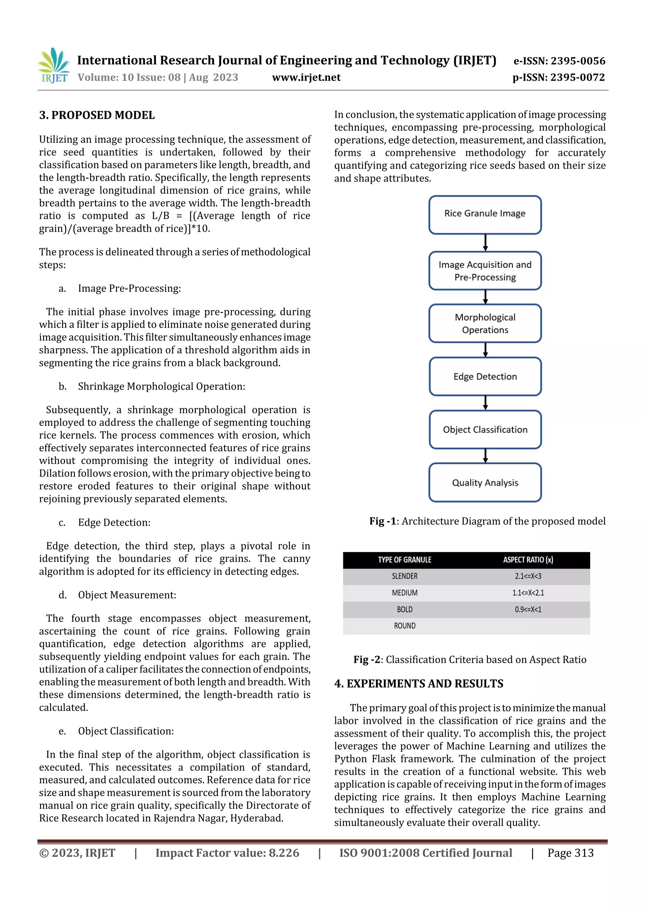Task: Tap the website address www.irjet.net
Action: click(306, 77)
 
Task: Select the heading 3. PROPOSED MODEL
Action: click(97, 115)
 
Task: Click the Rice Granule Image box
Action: click(485, 214)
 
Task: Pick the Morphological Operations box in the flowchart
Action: click(485, 323)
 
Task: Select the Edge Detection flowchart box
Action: click(485, 377)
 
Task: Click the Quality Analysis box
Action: click(485, 483)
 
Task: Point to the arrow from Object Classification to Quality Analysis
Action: click(485, 456)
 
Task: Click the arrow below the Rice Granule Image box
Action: click(485, 243)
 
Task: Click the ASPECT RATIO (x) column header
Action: click(528, 560)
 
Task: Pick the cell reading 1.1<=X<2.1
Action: click(528, 593)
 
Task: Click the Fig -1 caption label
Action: click(383, 521)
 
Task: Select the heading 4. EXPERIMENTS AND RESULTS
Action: click(419, 684)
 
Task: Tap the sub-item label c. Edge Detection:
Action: click(114, 523)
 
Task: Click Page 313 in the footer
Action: click(570, 853)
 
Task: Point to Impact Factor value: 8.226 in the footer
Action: click(227, 853)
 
